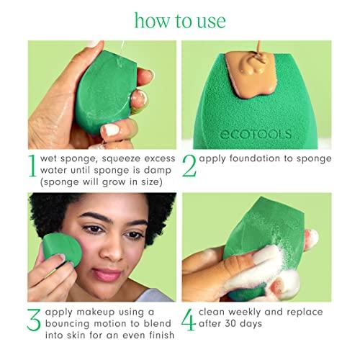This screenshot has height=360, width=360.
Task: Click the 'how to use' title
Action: (x=179, y=19)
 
